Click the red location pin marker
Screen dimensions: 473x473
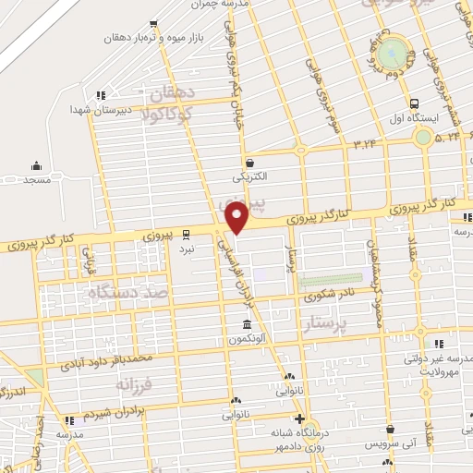(237, 218)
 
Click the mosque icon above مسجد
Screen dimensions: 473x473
(36, 166)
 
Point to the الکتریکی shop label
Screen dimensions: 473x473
(249, 175)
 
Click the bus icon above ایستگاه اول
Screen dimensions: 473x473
(414, 103)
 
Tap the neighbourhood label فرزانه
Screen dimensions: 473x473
(134, 382)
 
